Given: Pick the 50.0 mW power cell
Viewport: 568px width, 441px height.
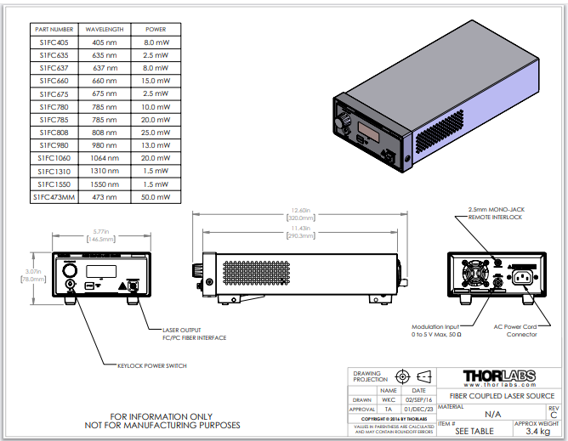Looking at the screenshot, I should (x=156, y=197).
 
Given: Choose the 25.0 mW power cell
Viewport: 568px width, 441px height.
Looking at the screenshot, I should (x=156, y=132).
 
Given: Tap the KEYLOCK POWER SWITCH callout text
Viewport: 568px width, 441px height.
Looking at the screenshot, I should (x=151, y=366).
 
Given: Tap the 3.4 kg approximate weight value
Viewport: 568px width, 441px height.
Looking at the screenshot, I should (x=537, y=432).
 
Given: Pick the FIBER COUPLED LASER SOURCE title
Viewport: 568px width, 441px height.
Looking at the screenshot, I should (x=502, y=396).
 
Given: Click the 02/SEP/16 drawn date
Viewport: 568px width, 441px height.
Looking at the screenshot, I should (x=418, y=399).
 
